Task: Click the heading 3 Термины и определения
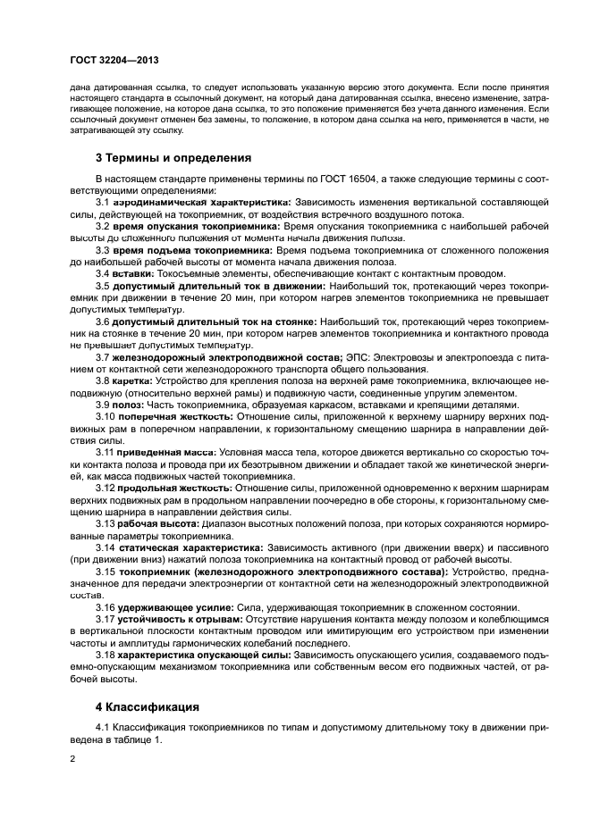(x=172, y=157)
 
